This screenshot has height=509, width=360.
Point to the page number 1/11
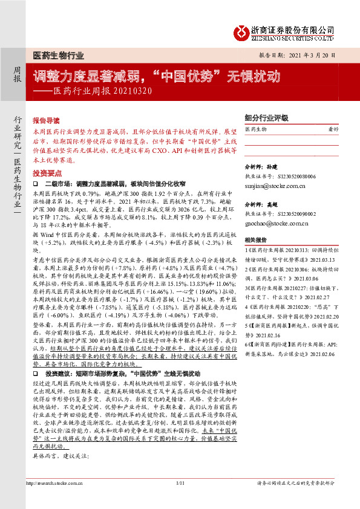180,499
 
